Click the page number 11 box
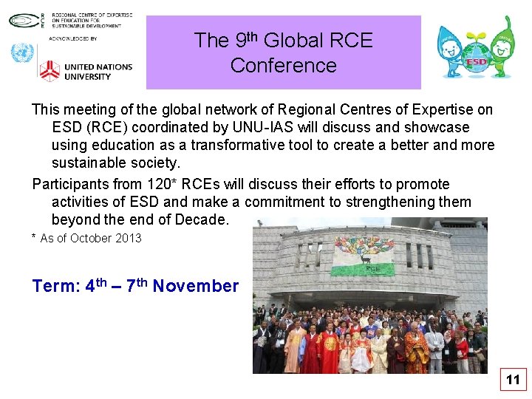pos(513,381)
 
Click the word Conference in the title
pos(283,66)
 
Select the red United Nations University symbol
pos(49,71)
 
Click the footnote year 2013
pos(128,238)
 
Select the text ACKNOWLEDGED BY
pos(73,38)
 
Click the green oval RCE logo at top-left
pos(22,20)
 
